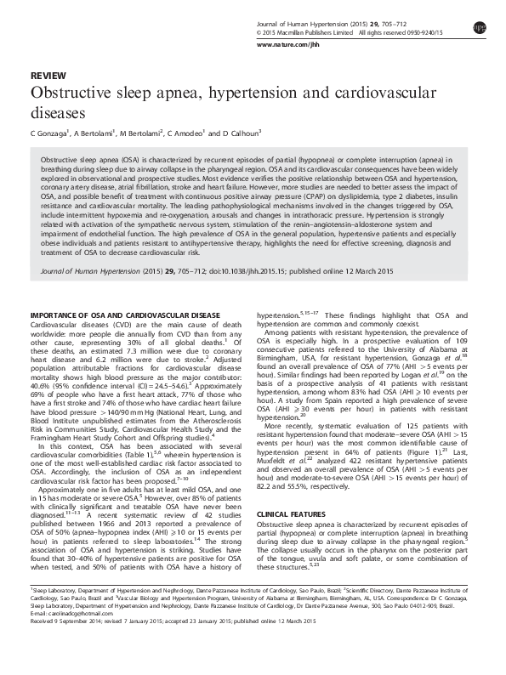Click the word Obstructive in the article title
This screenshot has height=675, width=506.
69,93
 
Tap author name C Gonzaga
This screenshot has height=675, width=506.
48,133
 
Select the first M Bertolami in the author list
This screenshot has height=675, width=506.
143,133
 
